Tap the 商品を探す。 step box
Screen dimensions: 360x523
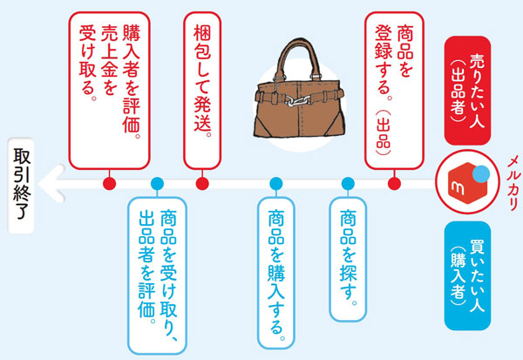click(x=348, y=257)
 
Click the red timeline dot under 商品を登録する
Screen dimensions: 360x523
click(x=393, y=183)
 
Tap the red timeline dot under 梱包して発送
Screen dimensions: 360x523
click(x=201, y=183)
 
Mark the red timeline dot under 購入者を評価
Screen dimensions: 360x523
click(x=108, y=183)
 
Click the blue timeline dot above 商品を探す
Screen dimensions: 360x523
click(x=348, y=183)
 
